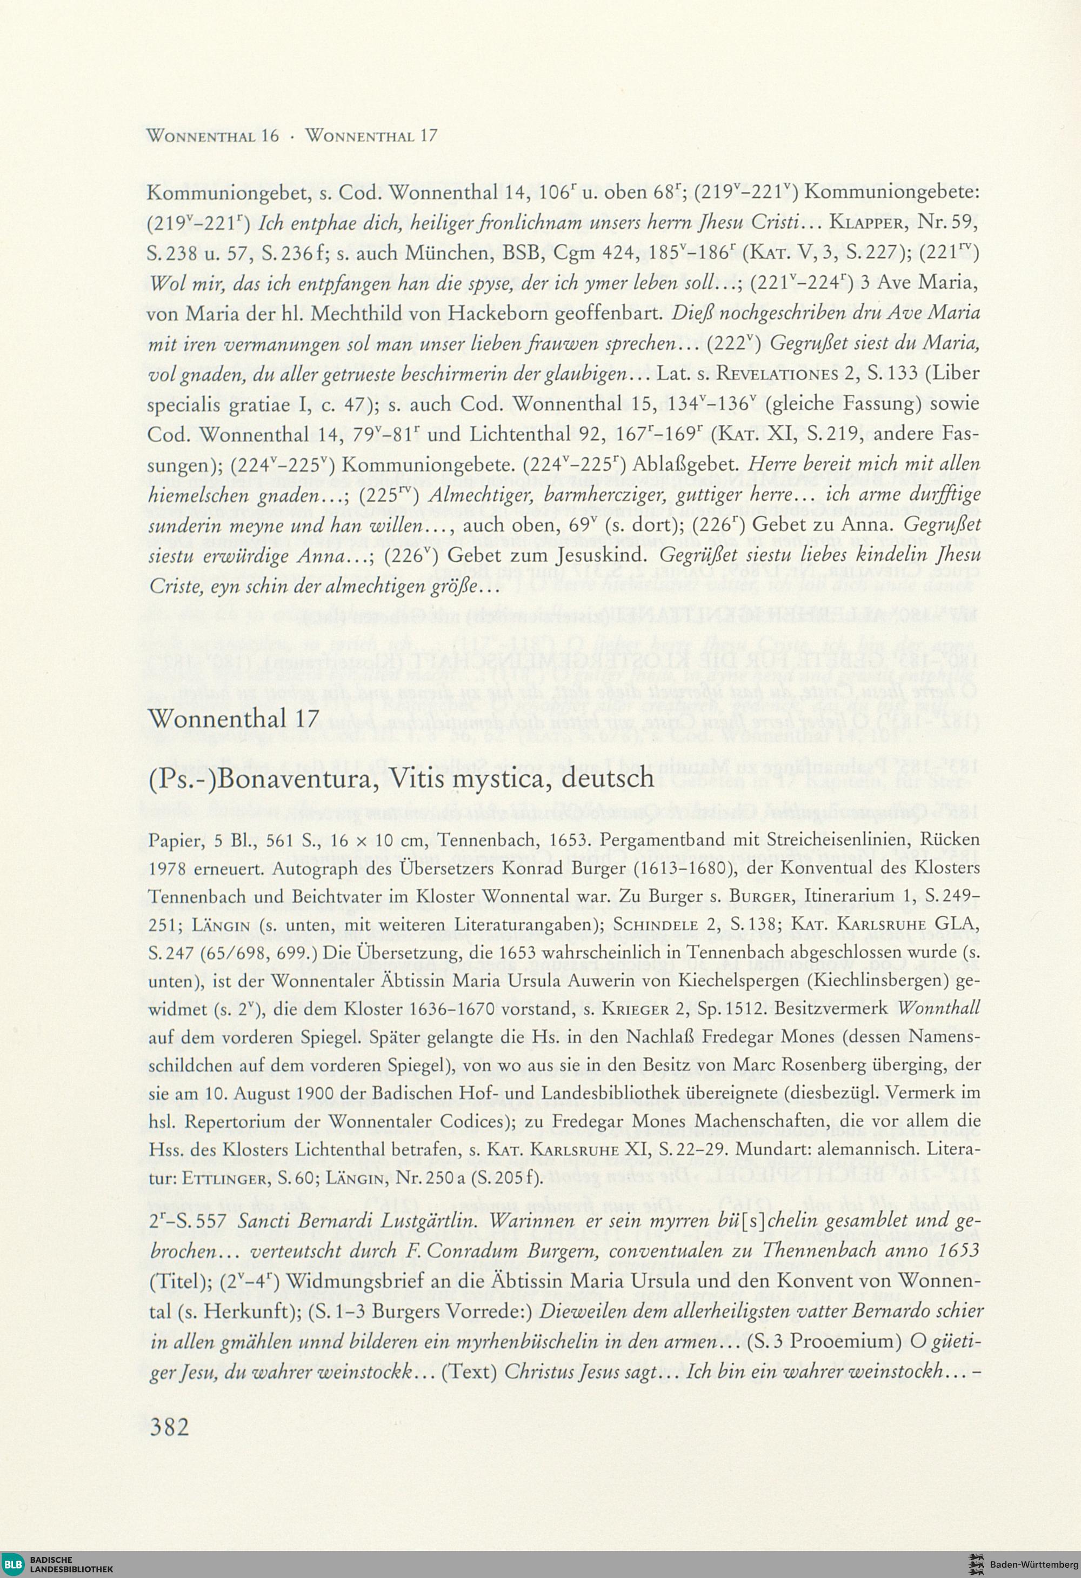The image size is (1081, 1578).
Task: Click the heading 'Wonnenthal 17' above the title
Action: tap(233, 718)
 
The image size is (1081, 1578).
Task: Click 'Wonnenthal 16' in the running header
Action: tap(212, 135)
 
